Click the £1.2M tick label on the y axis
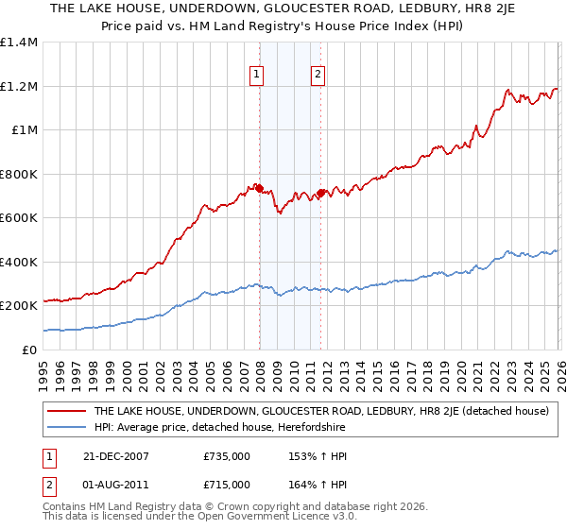[19, 87]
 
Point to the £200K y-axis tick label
[19, 306]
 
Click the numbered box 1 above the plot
[257, 75]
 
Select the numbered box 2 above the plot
[318, 75]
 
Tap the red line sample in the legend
[65, 412]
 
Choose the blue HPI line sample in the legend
[65, 428]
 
